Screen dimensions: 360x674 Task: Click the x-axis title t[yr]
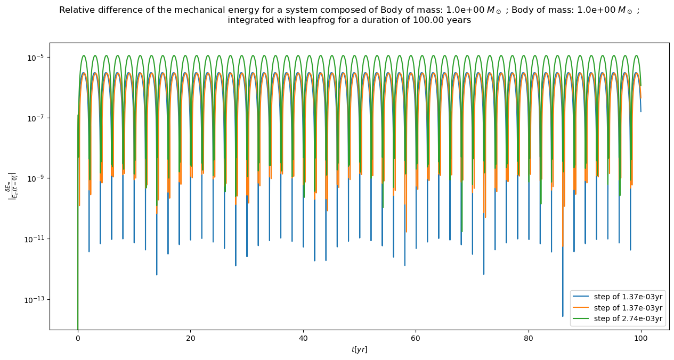(x=359, y=349)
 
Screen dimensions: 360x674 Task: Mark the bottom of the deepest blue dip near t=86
(x=563, y=316)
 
